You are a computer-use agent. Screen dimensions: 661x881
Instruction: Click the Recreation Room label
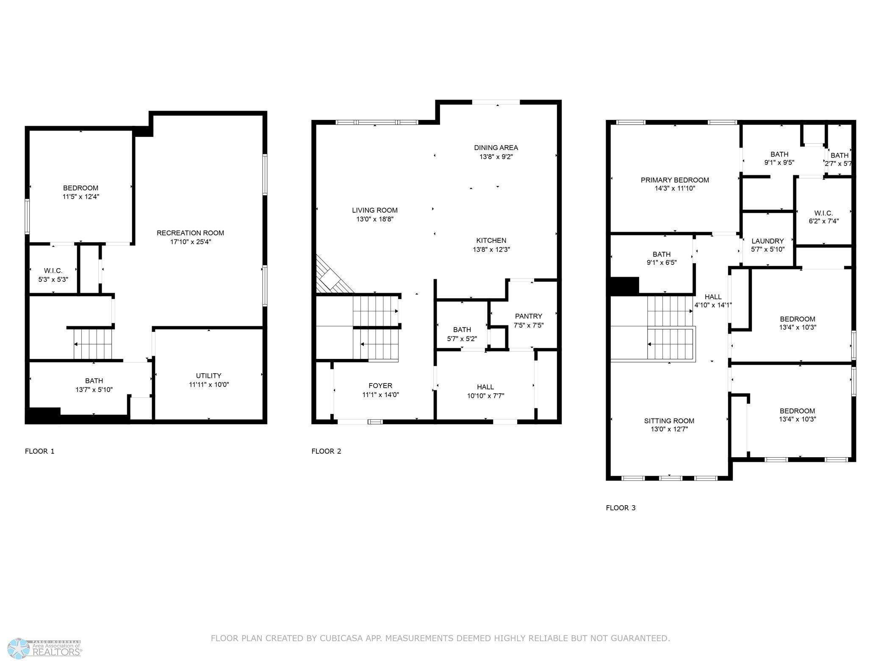coord(190,233)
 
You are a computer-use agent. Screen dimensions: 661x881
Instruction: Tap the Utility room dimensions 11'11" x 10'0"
coord(209,385)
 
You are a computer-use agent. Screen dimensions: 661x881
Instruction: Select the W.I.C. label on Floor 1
coord(53,270)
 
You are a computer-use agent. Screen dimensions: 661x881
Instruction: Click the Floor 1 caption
coord(40,451)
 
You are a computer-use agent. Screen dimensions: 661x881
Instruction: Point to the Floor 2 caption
coord(326,451)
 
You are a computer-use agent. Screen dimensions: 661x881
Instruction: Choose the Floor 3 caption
coord(621,508)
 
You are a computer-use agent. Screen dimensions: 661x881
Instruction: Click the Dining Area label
coord(496,147)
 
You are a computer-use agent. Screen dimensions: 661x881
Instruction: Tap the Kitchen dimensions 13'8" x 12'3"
coord(491,250)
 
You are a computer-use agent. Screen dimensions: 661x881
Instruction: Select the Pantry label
coord(528,316)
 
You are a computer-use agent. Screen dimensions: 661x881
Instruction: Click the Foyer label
coord(380,386)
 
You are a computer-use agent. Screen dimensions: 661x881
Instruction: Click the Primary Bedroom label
coord(675,180)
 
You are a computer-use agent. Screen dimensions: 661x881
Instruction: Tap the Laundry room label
coord(767,241)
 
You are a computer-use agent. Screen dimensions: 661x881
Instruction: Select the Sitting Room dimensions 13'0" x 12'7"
coord(669,429)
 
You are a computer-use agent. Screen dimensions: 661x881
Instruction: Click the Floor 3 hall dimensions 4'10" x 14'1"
coord(713,305)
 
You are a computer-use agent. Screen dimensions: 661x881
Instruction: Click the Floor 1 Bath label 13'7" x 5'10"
coord(94,380)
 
